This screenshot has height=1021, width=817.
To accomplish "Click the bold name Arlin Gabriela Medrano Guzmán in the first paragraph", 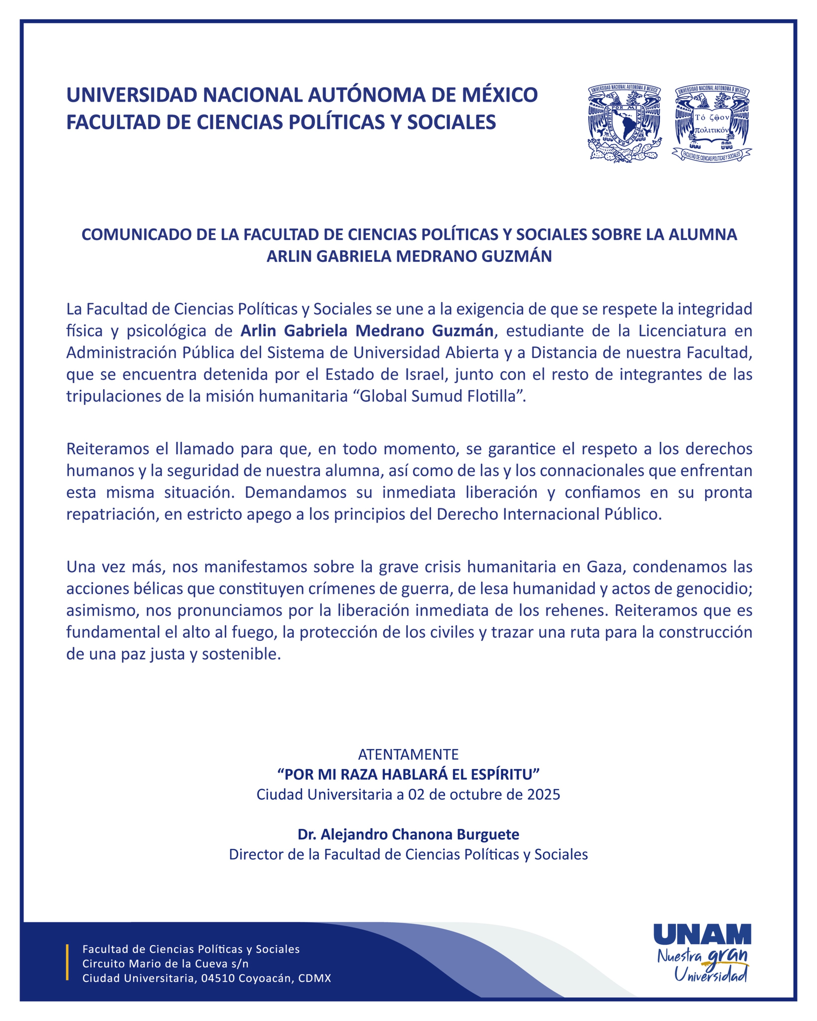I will pos(367,331).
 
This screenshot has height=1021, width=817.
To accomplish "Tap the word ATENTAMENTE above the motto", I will pos(408,754).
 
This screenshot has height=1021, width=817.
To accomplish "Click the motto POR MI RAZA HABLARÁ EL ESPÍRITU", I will pos(408,774).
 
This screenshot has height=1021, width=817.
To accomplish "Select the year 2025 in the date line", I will pos(544,794).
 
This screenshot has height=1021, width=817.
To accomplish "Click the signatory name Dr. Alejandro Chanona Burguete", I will pos(408,834).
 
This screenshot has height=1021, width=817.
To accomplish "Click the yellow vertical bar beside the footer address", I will pos(67,962).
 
